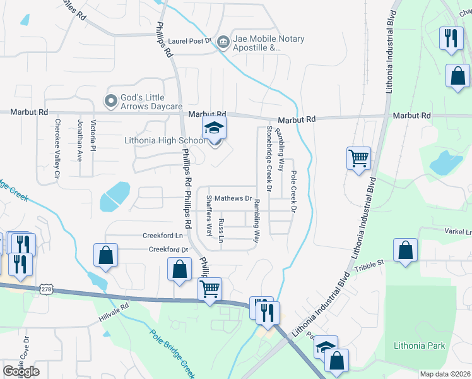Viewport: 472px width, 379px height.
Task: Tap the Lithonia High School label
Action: pyautogui.click(x=164, y=140)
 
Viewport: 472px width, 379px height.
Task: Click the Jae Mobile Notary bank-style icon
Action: pyautogui.click(x=223, y=42)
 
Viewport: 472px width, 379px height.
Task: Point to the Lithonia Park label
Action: pyautogui.click(x=419, y=346)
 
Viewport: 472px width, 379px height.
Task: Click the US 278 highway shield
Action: pyautogui.click(x=46, y=289)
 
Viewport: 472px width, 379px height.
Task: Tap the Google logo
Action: pyautogui.click(x=21, y=371)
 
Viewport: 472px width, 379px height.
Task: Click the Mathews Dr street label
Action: pyautogui.click(x=233, y=198)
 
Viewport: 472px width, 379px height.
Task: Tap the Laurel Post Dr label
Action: pyautogui.click(x=190, y=41)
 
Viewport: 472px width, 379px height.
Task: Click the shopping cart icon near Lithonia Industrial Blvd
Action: pyautogui.click(x=358, y=157)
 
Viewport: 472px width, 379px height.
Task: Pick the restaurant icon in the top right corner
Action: pyautogui.click(x=451, y=37)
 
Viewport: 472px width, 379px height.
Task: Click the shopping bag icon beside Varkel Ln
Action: pyautogui.click(x=404, y=250)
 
